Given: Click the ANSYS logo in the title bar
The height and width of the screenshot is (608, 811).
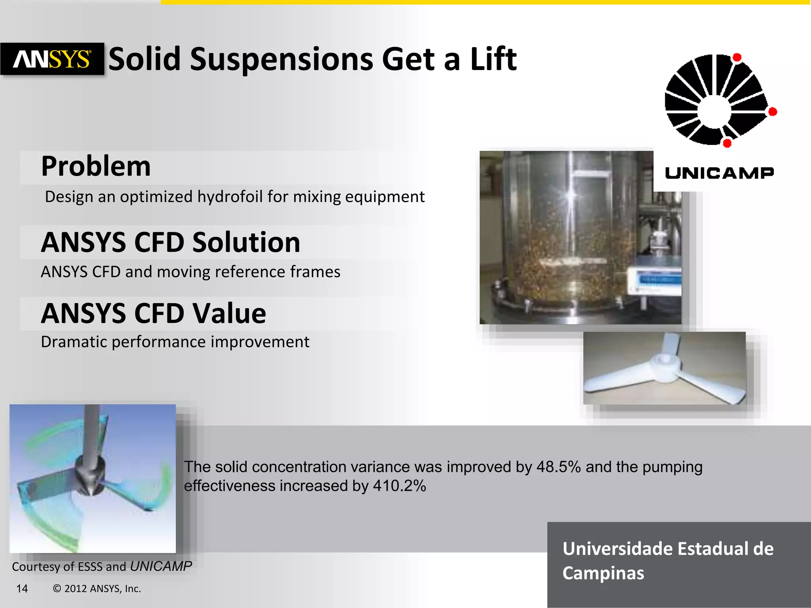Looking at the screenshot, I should [52, 59].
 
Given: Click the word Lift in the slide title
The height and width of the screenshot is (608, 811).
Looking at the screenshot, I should [493, 59].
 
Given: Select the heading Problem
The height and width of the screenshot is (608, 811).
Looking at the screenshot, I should [96, 166].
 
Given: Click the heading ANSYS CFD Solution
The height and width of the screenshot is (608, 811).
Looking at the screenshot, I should [171, 242].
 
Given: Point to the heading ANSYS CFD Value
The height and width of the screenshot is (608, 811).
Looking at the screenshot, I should [154, 313].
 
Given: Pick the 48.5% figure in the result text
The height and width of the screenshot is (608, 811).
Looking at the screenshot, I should [558, 467].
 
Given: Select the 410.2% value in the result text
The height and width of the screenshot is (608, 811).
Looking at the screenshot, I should [399, 486].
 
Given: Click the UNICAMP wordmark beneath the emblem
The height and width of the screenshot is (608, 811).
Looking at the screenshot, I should [719, 173].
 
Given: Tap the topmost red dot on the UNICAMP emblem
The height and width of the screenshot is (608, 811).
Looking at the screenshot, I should [737, 58].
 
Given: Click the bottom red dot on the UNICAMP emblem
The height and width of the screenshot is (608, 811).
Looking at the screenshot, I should [727, 143].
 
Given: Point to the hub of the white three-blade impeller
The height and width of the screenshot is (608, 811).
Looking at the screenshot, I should [665, 363].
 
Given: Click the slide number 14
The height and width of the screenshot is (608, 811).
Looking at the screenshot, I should [22, 589].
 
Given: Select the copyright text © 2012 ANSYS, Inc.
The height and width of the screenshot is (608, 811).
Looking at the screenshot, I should [97, 589].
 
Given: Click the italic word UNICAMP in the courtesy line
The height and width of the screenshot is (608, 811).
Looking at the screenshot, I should [161, 566].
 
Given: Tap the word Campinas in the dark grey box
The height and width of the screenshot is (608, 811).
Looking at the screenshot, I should [603, 573].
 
